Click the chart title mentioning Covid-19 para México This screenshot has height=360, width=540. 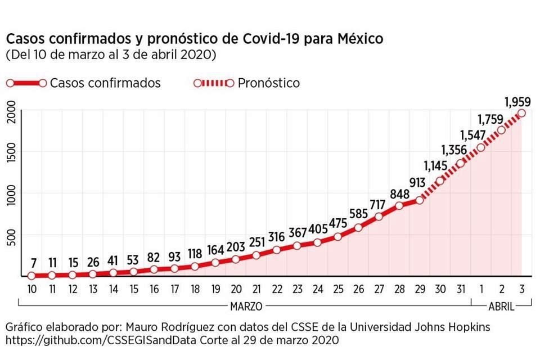pyautogui.click(x=195, y=39)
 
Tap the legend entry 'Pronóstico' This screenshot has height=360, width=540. pyautogui.click(x=268, y=83)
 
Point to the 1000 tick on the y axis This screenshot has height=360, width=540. pyautogui.click(x=11, y=193)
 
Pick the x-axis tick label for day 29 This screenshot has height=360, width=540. pyautogui.click(x=420, y=289)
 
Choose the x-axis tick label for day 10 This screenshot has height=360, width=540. pyautogui.click(x=31, y=289)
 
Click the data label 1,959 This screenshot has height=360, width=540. pyautogui.click(x=518, y=102)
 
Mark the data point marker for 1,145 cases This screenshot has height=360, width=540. pyautogui.click(x=440, y=181)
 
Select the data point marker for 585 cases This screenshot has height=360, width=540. pyautogui.click(x=358, y=228)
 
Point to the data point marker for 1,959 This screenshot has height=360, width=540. pyautogui.click(x=521, y=113)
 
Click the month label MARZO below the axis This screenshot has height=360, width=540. pyautogui.click(x=245, y=306)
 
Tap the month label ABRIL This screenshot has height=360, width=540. pyautogui.click(x=501, y=306)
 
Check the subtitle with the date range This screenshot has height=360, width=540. pyautogui.click(x=110, y=56)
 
